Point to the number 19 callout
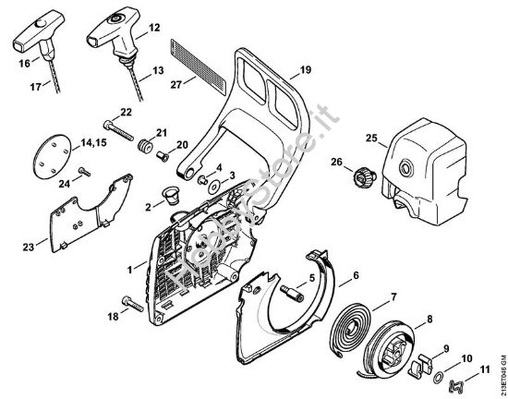[x=306, y=70]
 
